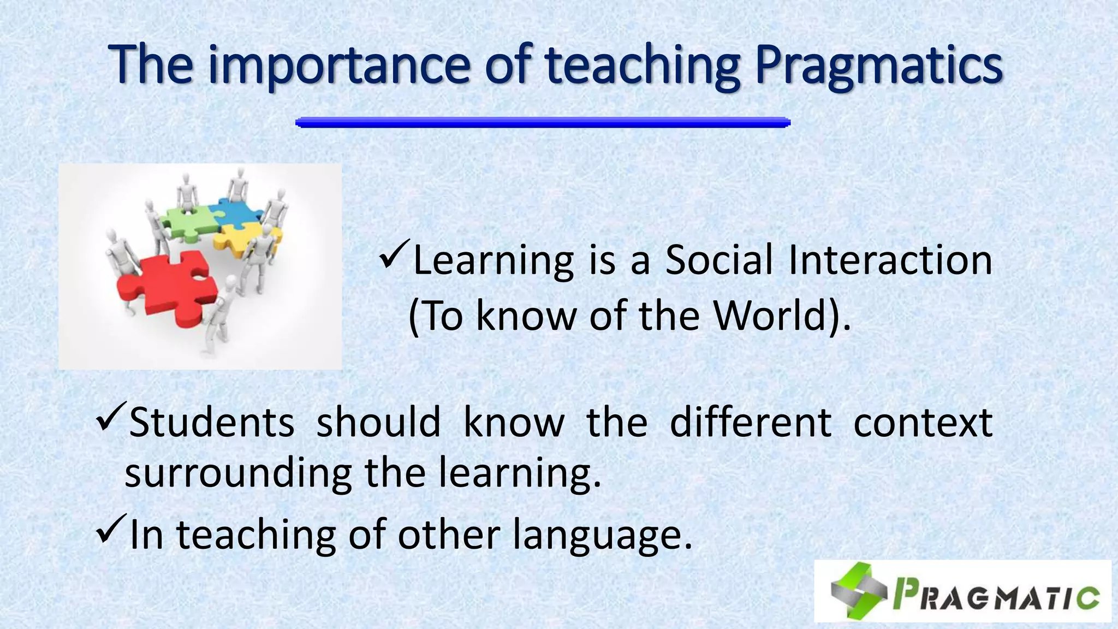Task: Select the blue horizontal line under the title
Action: [543, 122]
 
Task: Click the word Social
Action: [719, 259]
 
